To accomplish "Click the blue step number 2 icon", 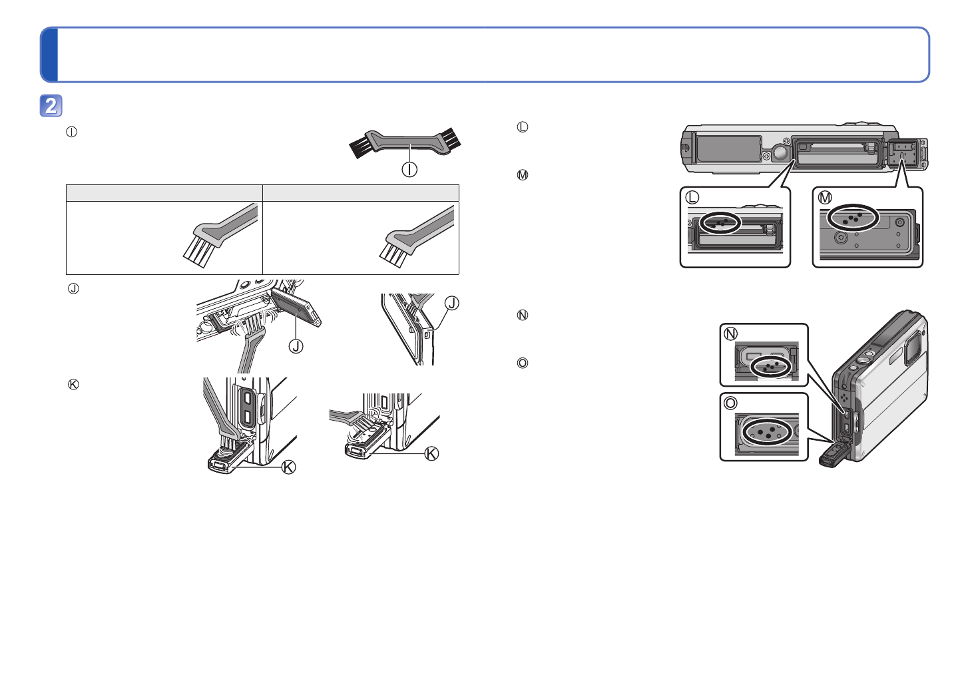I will pos(51,106).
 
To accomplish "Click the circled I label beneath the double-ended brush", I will pos(409,169).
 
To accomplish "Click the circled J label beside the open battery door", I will pos(296,345).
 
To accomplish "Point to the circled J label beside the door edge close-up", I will pos(451,304).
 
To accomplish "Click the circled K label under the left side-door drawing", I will pos(288,467).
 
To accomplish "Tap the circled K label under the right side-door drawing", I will pos(431,453).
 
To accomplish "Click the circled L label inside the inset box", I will pos(692,198).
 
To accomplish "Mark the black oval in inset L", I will pos(720,222).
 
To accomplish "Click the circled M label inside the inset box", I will pos(825,198).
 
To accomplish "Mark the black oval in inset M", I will pos(853,218).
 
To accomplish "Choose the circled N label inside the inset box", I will pos(731,334).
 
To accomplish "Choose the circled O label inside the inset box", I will pos(731,403).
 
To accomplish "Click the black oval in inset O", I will pos(766,431).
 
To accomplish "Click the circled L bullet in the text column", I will pos(523,127).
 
